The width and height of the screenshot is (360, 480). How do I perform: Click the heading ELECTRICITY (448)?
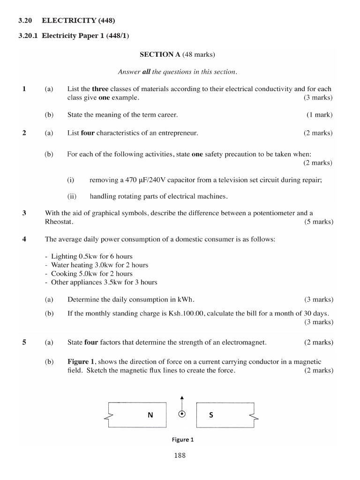coord(78,20)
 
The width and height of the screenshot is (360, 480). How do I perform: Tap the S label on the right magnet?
coord(211,415)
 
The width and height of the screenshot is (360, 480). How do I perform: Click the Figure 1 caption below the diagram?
coord(182,440)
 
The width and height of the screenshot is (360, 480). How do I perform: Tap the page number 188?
coord(180,456)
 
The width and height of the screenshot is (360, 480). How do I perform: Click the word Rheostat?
coord(59,222)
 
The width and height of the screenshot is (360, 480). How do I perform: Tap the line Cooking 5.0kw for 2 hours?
coord(89,274)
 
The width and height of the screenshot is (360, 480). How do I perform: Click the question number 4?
coord(24,239)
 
